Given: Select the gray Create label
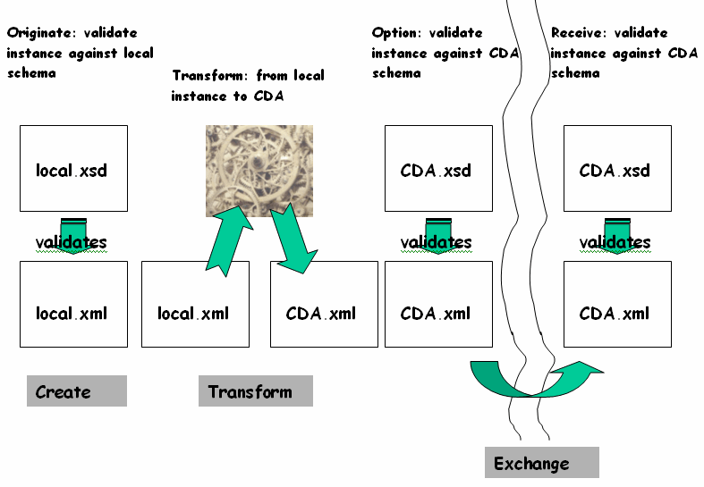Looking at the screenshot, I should point(76,391).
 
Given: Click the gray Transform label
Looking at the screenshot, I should point(255,391).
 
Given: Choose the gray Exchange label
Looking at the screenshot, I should point(540,463).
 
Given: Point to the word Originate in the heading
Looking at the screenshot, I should point(38,33).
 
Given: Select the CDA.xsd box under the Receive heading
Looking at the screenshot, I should point(616,168).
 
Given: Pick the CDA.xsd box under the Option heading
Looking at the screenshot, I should point(437,168).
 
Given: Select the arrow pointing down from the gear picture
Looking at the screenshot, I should point(293,239).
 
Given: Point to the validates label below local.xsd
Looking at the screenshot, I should point(72,242).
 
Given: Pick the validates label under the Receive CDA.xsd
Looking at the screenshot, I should point(615,242).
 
